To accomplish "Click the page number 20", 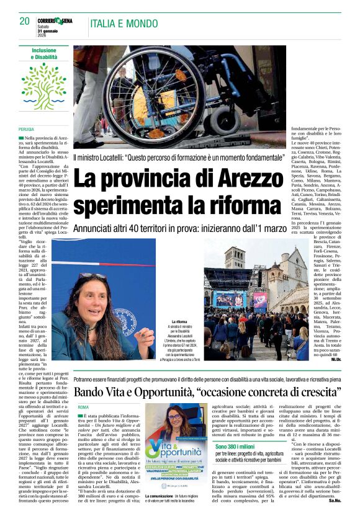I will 25,21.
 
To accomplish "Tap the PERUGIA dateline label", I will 27,129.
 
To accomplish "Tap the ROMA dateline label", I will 83,406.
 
